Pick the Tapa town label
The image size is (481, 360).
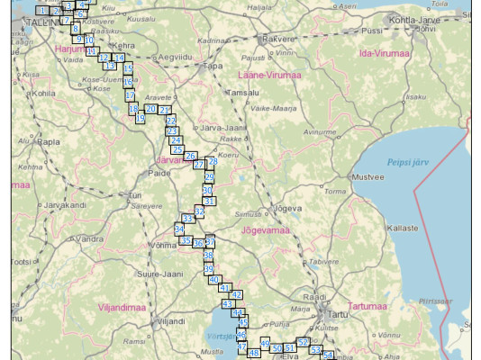tap(213, 66)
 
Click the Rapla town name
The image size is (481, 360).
tap(49, 141)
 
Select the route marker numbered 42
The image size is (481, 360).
tap(236, 294)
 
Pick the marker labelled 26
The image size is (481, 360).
tap(190, 156)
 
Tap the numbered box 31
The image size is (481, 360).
tap(209, 201)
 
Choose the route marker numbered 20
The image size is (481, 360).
tap(150, 109)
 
